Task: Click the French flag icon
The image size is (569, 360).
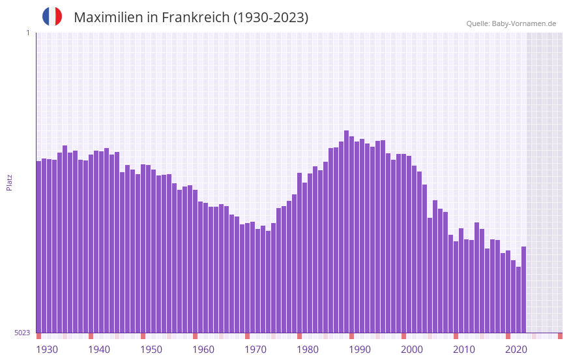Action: point(52,17)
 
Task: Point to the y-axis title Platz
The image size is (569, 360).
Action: point(9,182)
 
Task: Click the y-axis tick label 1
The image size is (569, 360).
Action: point(27,33)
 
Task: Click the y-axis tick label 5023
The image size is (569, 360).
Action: point(22,333)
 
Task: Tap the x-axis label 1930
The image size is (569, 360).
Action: point(47,350)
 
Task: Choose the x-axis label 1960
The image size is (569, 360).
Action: point(203,350)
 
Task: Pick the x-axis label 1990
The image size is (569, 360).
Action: point(360,350)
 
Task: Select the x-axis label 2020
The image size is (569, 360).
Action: point(516,350)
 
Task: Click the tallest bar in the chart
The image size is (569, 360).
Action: point(346,232)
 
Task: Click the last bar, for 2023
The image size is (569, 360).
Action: point(523,290)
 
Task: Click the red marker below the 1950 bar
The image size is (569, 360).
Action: point(143,336)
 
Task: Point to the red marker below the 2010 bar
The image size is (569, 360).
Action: point(456,336)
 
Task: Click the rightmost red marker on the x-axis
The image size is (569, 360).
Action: point(560,336)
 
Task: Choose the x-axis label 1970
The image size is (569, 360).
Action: point(255,350)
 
